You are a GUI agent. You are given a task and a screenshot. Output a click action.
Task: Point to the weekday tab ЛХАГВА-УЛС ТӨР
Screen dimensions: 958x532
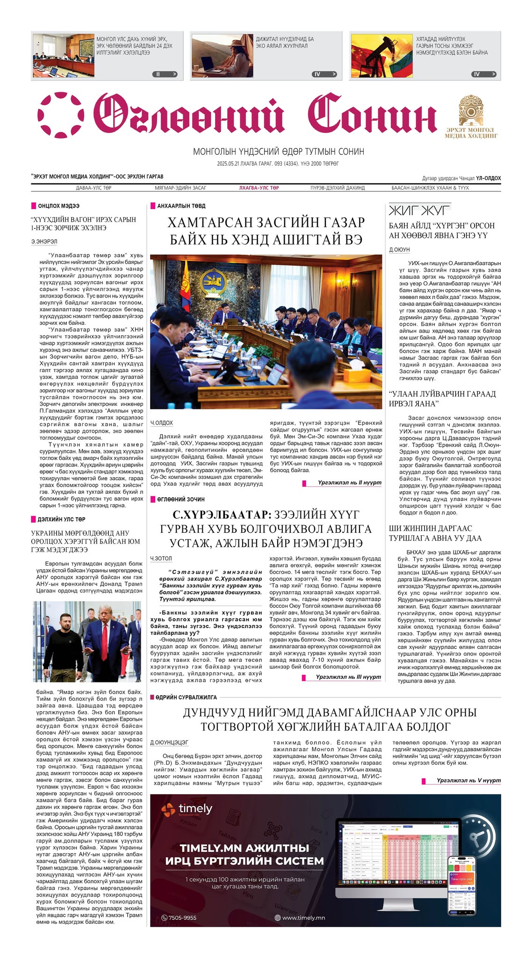click(x=259, y=188)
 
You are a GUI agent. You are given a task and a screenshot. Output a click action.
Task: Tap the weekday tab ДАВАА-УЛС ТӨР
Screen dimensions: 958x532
click(x=93, y=188)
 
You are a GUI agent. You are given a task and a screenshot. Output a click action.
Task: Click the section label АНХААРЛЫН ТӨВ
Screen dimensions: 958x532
click(x=181, y=206)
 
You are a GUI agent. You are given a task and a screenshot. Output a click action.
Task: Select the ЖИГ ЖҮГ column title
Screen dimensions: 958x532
click(x=419, y=210)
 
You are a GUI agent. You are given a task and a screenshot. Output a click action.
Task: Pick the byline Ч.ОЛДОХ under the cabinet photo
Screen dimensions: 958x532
click(x=162, y=423)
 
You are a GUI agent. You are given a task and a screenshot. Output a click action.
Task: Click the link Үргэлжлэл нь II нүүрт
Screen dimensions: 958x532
click(x=349, y=482)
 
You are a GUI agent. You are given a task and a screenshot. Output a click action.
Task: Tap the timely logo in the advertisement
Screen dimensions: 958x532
click(x=187, y=809)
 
